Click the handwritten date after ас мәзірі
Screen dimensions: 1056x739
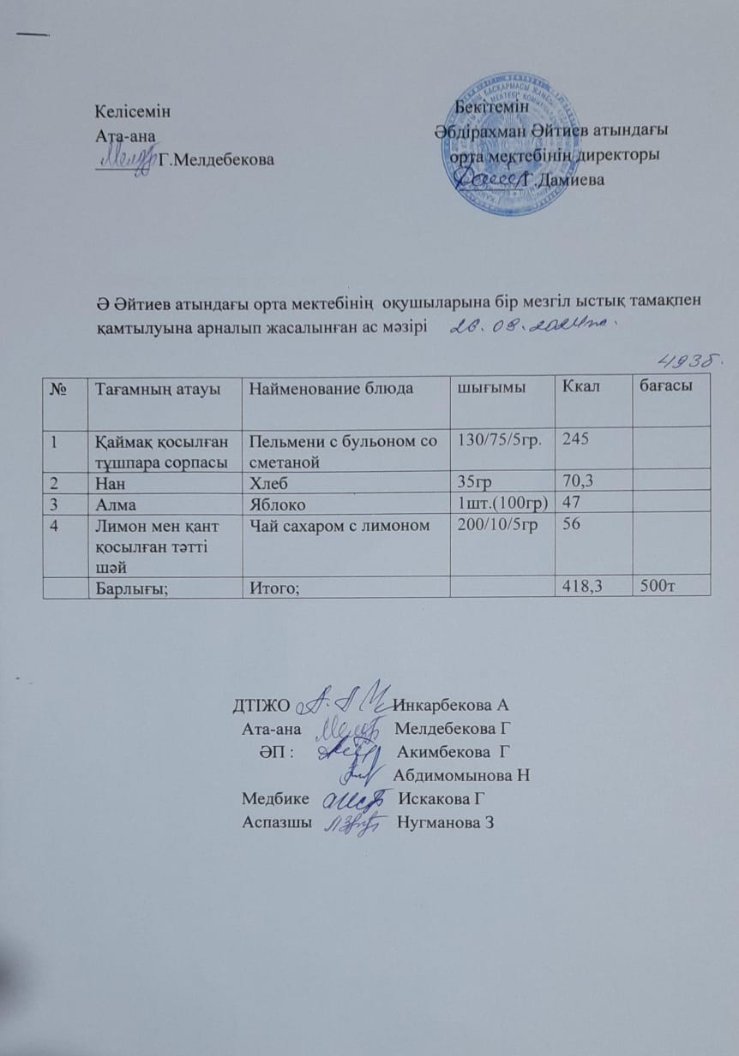click(x=532, y=325)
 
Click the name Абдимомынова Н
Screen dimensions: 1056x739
click(x=460, y=777)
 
